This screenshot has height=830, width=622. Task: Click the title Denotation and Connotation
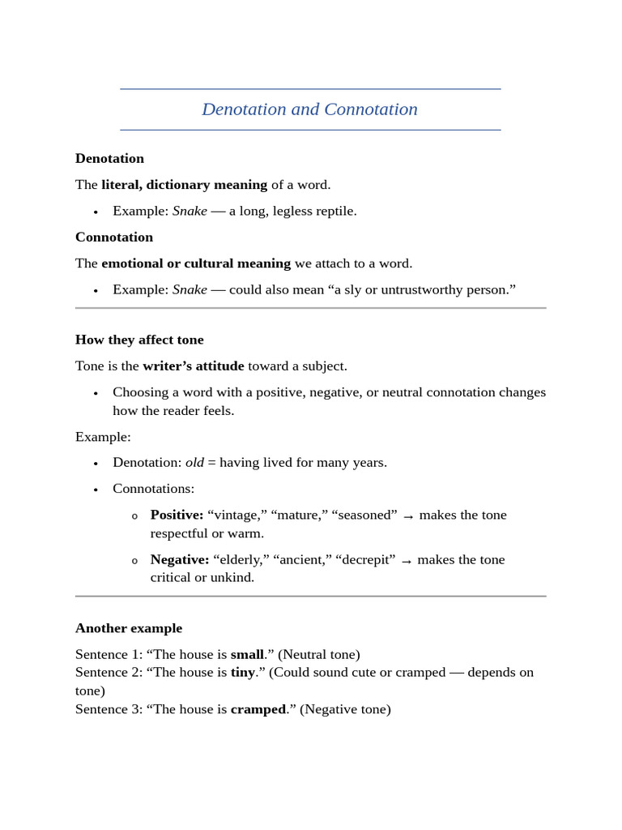(x=309, y=109)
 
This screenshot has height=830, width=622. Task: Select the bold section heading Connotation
(x=114, y=237)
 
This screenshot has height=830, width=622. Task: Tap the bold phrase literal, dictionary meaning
(x=184, y=185)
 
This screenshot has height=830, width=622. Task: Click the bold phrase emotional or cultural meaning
(x=195, y=263)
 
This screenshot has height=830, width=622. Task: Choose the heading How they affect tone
(x=139, y=340)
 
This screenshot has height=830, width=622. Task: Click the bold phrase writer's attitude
(x=193, y=366)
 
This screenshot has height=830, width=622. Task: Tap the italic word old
(x=194, y=463)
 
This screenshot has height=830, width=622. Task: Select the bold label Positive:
(x=177, y=515)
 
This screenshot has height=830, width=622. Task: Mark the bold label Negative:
(x=180, y=559)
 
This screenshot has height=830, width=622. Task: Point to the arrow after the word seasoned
(x=408, y=516)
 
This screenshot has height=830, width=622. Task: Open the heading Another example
(x=129, y=628)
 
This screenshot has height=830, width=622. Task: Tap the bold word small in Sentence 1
(x=247, y=654)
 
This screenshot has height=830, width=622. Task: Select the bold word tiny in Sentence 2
(x=243, y=672)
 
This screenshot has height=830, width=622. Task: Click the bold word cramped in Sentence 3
(x=258, y=709)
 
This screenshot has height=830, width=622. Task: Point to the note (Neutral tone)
(x=318, y=654)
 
